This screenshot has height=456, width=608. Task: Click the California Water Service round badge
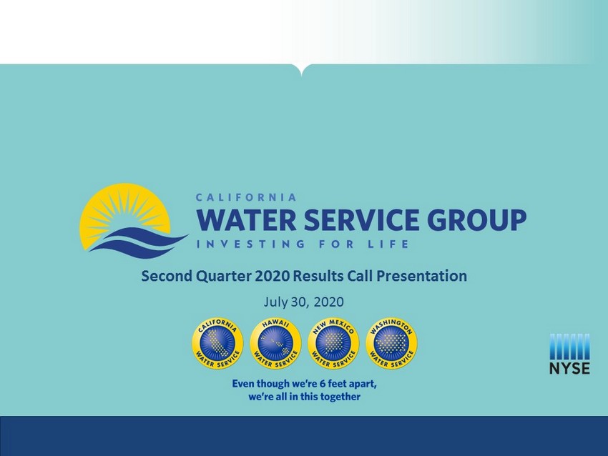pos(217,343)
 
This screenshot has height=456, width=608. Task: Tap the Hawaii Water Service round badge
pos(275,343)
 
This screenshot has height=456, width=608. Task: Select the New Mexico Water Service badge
pos(333,343)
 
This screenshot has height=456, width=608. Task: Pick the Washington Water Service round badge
pos(392,343)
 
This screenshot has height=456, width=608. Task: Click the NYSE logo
pos(569,354)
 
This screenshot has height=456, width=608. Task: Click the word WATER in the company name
pos(247,219)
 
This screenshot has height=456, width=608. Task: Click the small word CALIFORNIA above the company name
pos(246,197)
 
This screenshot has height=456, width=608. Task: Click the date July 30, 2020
pos(303,302)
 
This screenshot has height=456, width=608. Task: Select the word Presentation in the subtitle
pos(422,276)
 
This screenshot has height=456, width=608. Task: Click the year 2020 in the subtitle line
pos(273,276)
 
